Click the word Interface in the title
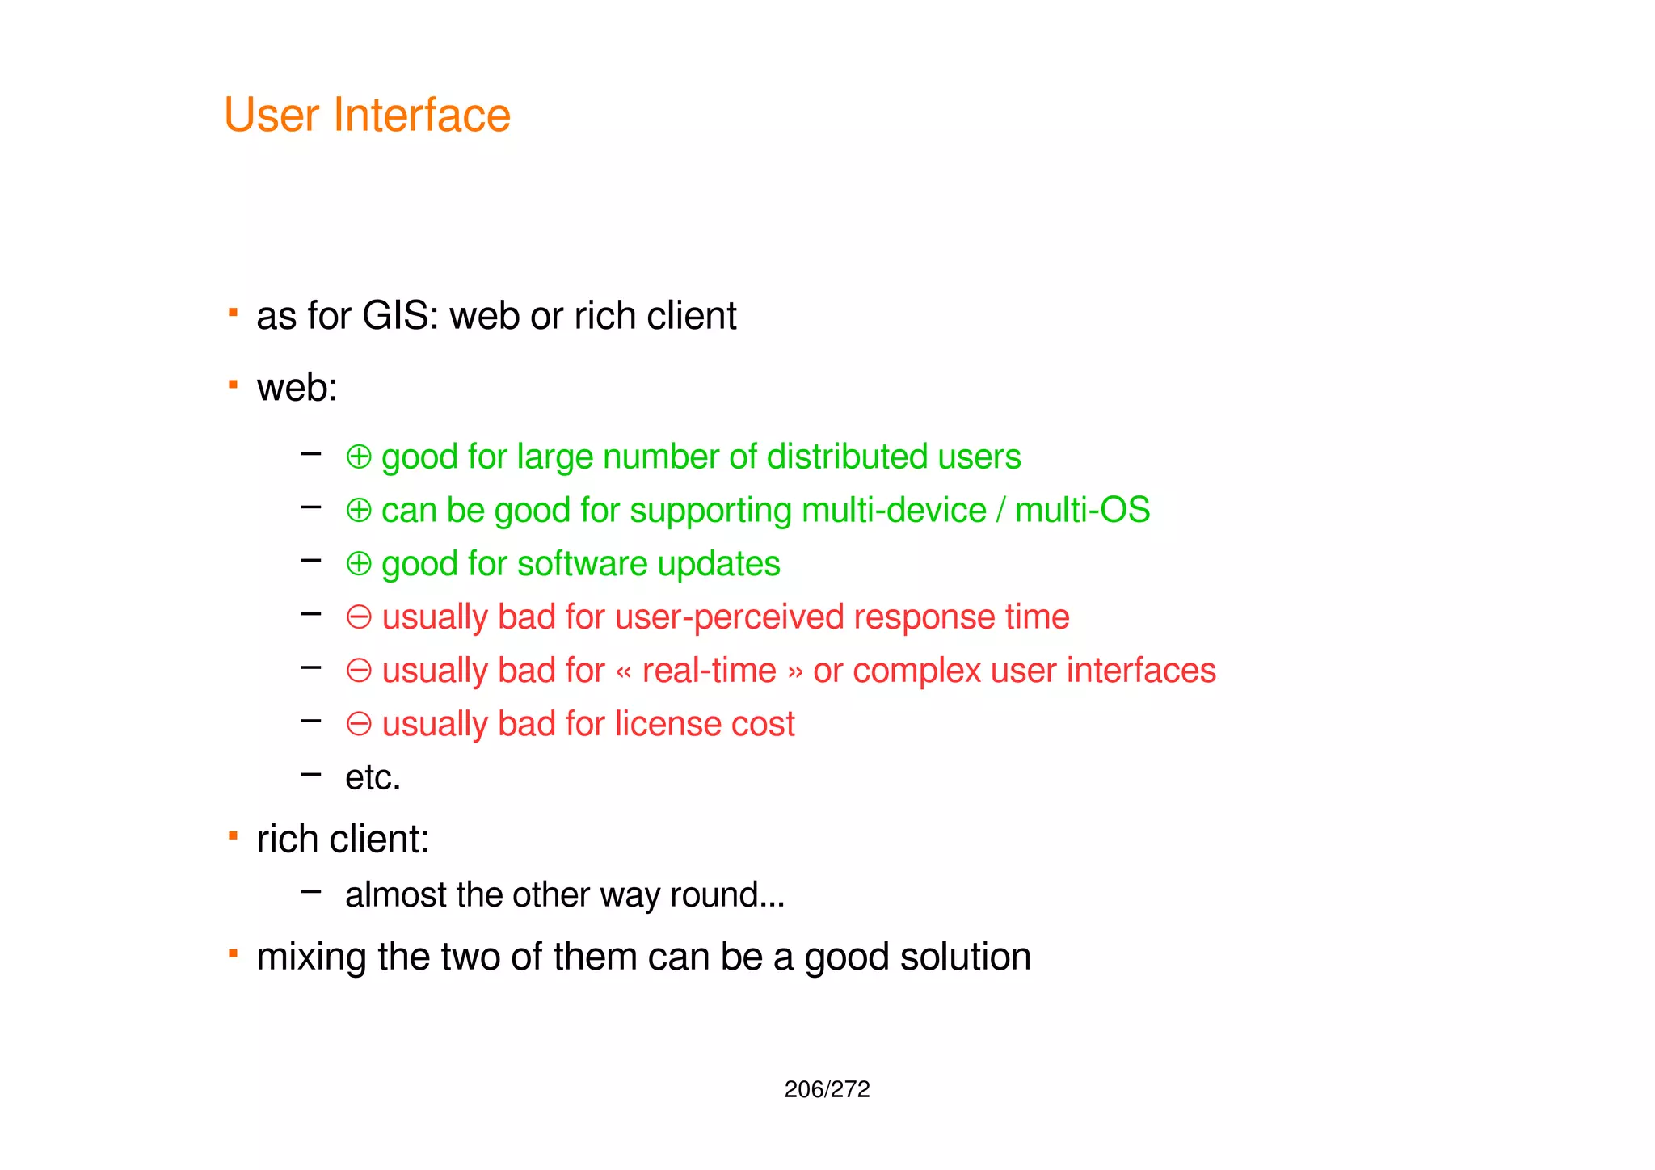point(422,116)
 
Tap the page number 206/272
point(827,1089)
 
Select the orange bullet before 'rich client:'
point(233,835)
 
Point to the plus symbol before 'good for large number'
point(359,457)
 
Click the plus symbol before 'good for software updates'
point(359,564)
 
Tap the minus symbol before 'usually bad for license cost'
point(359,724)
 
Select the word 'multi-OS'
point(1082,511)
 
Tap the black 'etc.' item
point(373,778)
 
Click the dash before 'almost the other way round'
point(310,892)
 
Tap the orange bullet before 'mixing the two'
point(233,954)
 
